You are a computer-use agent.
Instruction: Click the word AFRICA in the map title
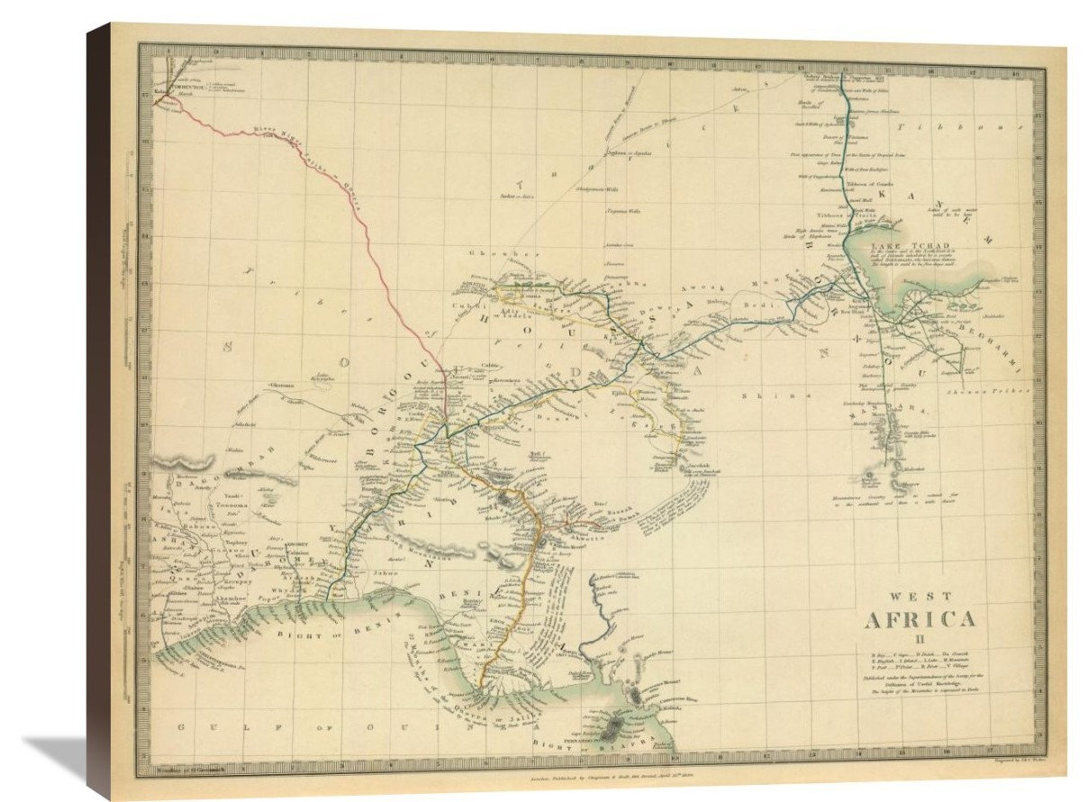920,620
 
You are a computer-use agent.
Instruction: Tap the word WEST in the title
918,596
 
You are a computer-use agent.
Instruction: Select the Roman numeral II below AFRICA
920,639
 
